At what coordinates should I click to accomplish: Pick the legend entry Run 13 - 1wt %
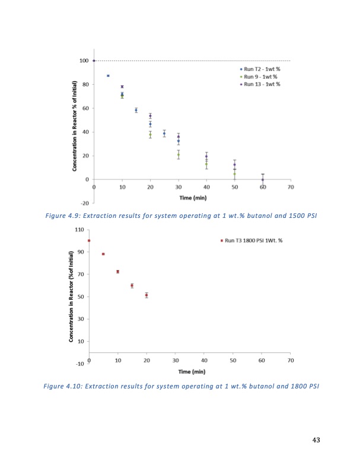click(x=257, y=84)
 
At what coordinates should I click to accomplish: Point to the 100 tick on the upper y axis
click(x=84, y=60)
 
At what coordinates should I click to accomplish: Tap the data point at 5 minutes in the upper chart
click(x=108, y=76)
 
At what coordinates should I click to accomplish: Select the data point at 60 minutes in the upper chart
click(x=263, y=179)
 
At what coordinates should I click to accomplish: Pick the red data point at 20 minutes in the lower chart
click(x=147, y=295)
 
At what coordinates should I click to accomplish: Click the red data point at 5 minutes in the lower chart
click(x=103, y=254)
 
